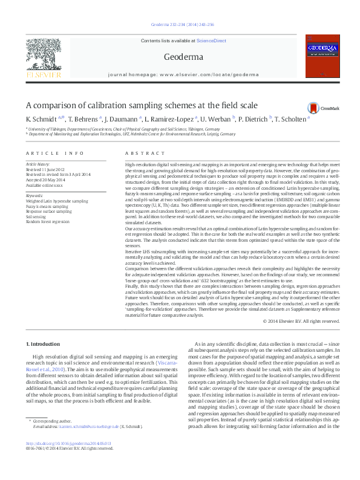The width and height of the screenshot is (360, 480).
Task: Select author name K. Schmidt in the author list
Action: pyautogui.click(x=40, y=119)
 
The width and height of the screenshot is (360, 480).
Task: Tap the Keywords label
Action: pyautogui.click(x=35, y=196)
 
